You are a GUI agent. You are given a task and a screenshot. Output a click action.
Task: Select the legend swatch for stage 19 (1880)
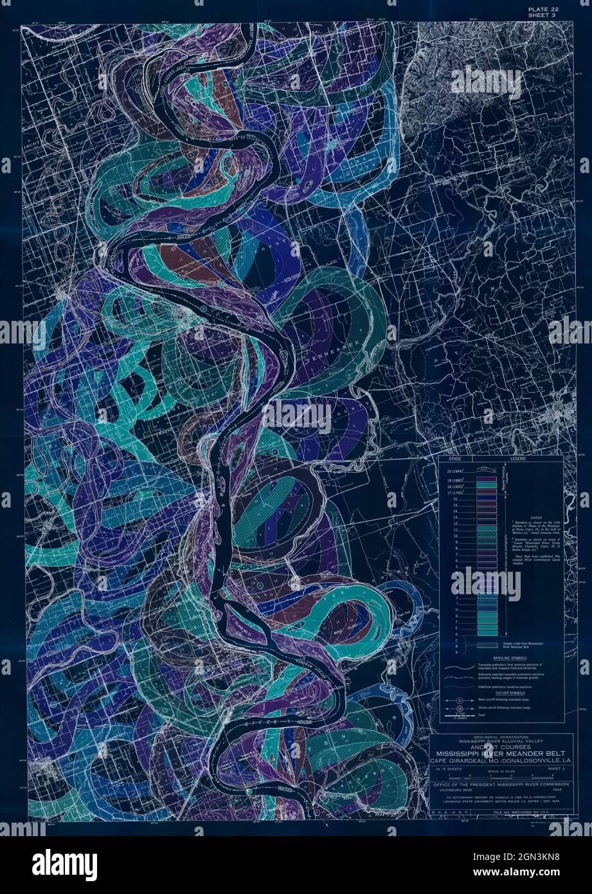[486, 479]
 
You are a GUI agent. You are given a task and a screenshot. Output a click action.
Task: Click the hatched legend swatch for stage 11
[486, 528]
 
